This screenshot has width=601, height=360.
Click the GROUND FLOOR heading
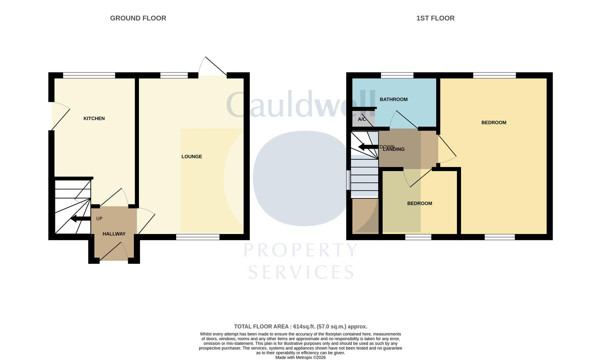[138, 18]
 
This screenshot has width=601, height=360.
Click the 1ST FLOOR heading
[435, 18]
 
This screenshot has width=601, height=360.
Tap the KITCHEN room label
[94, 118]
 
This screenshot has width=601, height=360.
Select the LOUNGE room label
[192, 156]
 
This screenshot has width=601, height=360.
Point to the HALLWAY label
[114, 234]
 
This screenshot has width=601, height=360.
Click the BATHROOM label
[394, 99]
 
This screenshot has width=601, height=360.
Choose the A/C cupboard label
[362, 119]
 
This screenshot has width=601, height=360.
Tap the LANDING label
[394, 149]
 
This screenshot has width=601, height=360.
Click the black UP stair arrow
[81, 219]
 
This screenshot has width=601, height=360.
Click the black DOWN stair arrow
[368, 147]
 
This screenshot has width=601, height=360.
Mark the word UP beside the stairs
[99, 219]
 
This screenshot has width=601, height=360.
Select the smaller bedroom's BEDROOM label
[420, 203]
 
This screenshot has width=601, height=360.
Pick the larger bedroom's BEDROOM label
[494, 122]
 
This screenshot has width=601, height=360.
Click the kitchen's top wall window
[89, 75]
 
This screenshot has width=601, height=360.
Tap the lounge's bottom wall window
[198, 237]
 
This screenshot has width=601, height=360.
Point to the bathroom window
[397, 75]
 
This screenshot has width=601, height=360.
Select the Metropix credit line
[300, 357]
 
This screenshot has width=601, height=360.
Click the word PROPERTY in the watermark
[301, 250]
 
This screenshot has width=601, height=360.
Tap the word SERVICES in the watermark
[301, 272]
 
